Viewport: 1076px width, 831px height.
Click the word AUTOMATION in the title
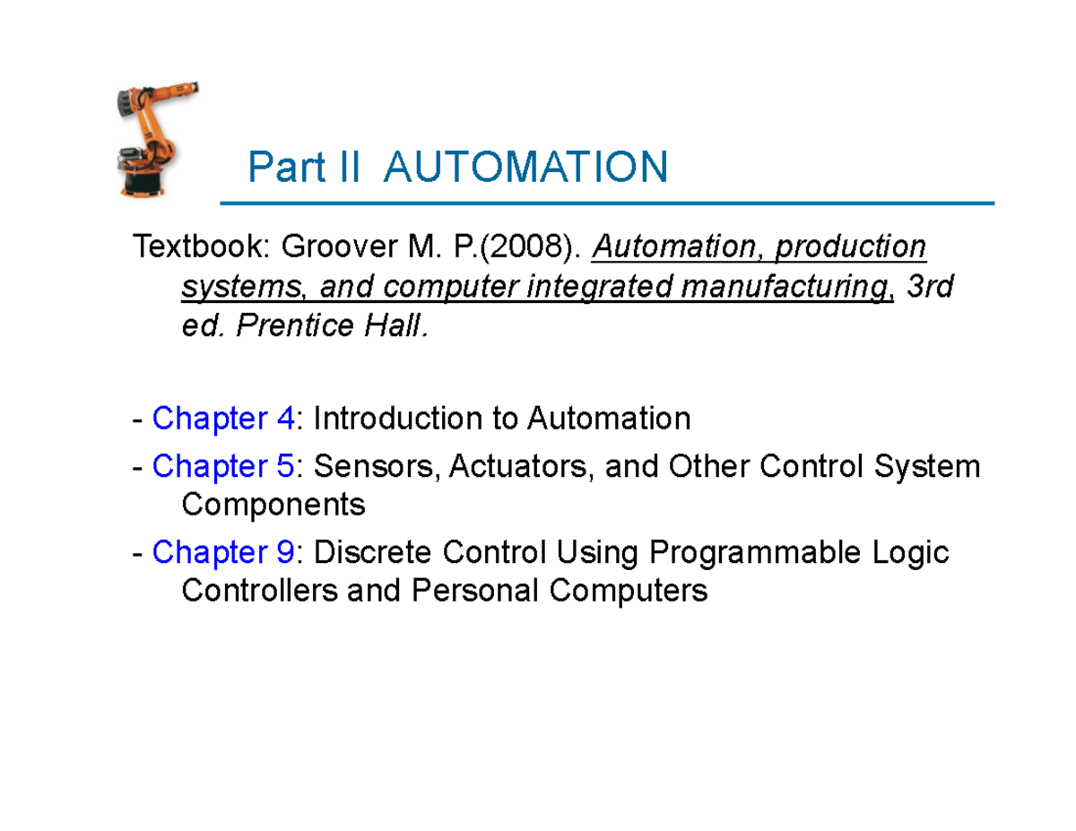[x=525, y=168]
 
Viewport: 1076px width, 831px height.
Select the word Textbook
[x=198, y=246]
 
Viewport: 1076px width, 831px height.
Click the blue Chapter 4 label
[x=223, y=418]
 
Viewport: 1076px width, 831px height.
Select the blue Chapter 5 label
[x=223, y=466]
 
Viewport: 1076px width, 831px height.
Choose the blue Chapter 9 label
[x=223, y=552]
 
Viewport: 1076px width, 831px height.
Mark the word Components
[x=273, y=505]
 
